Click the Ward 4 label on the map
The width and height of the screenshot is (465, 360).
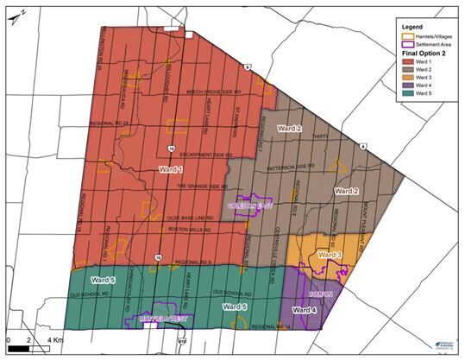[x=305, y=309]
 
